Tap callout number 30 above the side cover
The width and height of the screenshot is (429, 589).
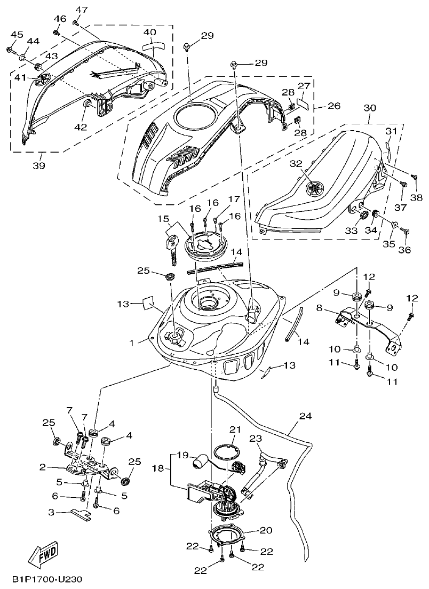(x=370, y=108)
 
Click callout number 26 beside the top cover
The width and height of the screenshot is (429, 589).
(x=333, y=106)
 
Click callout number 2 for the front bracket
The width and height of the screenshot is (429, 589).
(x=42, y=467)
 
